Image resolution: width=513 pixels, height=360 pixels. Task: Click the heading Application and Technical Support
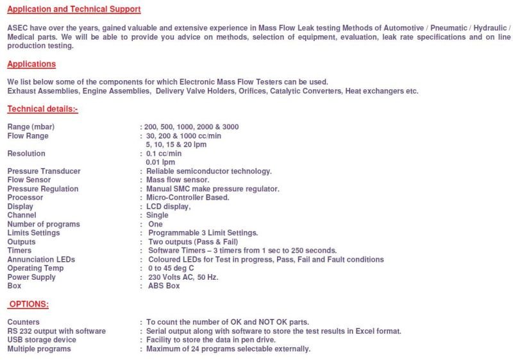coord(74,10)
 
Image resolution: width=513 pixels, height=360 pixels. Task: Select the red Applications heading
coord(31,64)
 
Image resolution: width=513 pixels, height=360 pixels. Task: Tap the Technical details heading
coord(42,109)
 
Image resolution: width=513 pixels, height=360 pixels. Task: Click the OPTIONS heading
coord(29,304)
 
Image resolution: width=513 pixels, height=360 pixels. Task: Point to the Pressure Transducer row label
coord(44,171)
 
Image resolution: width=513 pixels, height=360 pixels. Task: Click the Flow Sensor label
coord(29,180)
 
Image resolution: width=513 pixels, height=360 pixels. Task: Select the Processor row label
coord(25,198)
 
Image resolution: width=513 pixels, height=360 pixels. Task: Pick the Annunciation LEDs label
coord(41,259)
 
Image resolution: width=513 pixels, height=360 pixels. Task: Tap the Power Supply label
coord(31,277)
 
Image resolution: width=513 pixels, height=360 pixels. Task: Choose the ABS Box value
coord(164,286)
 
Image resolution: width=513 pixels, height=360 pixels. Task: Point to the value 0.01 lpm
coord(160,162)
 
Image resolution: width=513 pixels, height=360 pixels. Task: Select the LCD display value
coord(169,207)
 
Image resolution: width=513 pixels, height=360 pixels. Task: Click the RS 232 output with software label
coord(56,331)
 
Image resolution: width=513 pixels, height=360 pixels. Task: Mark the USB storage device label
coord(42,340)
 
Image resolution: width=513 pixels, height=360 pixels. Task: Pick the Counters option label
coord(24,322)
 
